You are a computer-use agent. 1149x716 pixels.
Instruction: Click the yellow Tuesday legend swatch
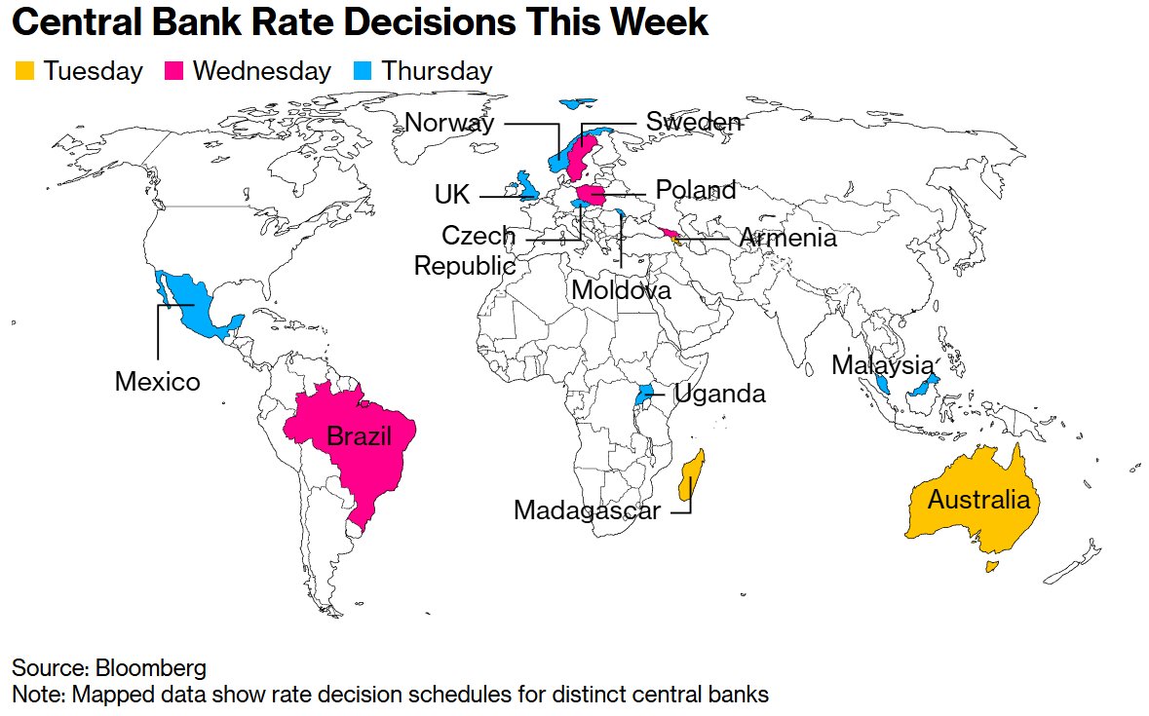24,71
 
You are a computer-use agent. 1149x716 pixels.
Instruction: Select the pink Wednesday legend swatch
174,71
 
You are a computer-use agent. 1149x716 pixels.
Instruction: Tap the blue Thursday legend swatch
364,71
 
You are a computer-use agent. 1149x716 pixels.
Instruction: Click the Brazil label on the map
359,436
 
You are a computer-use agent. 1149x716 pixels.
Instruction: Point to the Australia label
978,501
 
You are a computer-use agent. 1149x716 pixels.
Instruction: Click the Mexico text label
157,382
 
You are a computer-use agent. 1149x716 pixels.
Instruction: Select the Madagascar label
587,510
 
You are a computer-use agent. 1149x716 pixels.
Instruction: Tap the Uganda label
719,395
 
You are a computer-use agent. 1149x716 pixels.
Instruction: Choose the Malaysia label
882,366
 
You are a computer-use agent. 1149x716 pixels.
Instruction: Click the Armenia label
787,238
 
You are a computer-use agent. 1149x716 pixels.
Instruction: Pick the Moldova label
621,290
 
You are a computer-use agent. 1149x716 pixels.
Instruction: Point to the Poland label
695,189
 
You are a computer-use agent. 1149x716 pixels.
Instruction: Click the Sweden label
694,123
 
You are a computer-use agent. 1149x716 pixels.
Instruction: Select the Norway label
449,124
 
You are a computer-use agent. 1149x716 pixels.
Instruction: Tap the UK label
452,196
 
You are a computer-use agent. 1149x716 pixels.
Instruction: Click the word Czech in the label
479,236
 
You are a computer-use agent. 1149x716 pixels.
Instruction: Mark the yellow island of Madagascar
691,476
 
